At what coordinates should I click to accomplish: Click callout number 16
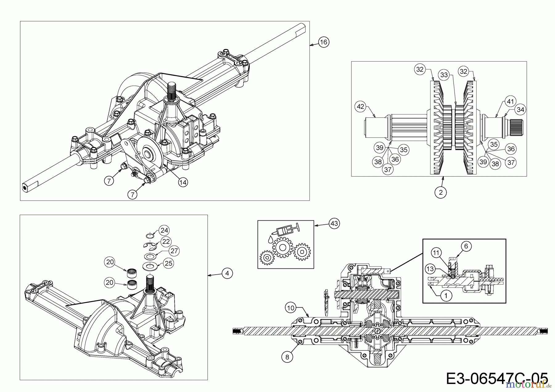click(x=323, y=42)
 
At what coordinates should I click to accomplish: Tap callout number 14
click(x=183, y=182)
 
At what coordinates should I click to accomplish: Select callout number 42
click(x=360, y=107)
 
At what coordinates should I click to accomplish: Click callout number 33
click(x=444, y=75)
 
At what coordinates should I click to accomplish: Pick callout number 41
click(x=510, y=101)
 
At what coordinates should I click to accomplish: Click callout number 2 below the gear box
click(x=441, y=192)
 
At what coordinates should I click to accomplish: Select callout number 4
click(x=227, y=273)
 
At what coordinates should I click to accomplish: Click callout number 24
click(x=164, y=230)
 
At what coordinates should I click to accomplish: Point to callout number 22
click(x=166, y=241)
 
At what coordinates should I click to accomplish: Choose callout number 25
click(x=168, y=263)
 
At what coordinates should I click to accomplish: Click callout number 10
click(x=291, y=308)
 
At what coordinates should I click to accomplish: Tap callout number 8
click(x=287, y=357)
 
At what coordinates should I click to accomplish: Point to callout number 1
click(x=446, y=296)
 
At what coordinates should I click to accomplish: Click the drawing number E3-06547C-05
click(x=496, y=378)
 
